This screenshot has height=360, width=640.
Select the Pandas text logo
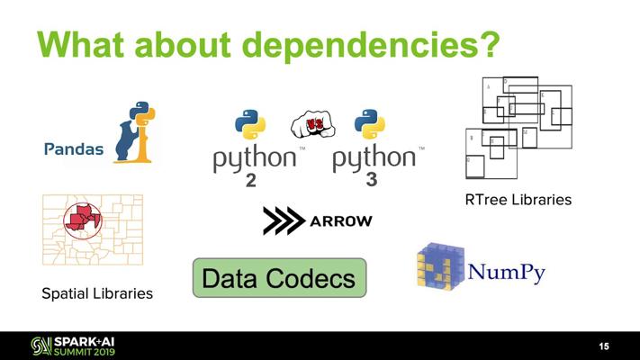(74, 148)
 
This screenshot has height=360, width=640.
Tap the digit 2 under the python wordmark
(251, 181)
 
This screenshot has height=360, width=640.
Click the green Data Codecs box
(279, 278)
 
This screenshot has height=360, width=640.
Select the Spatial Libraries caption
(97, 293)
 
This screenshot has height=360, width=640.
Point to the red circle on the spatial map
(83, 219)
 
